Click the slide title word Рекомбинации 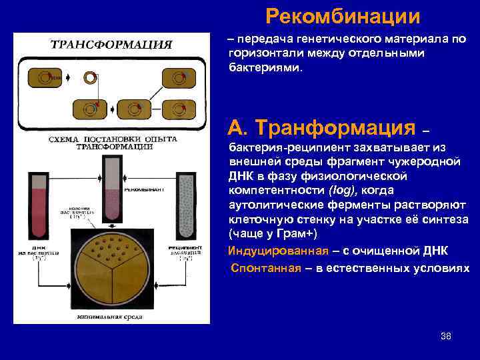343,15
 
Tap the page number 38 446,336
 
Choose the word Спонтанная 261,267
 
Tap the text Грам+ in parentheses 299,233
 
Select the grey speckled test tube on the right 185,204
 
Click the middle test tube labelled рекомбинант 111,189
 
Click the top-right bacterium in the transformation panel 176,79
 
